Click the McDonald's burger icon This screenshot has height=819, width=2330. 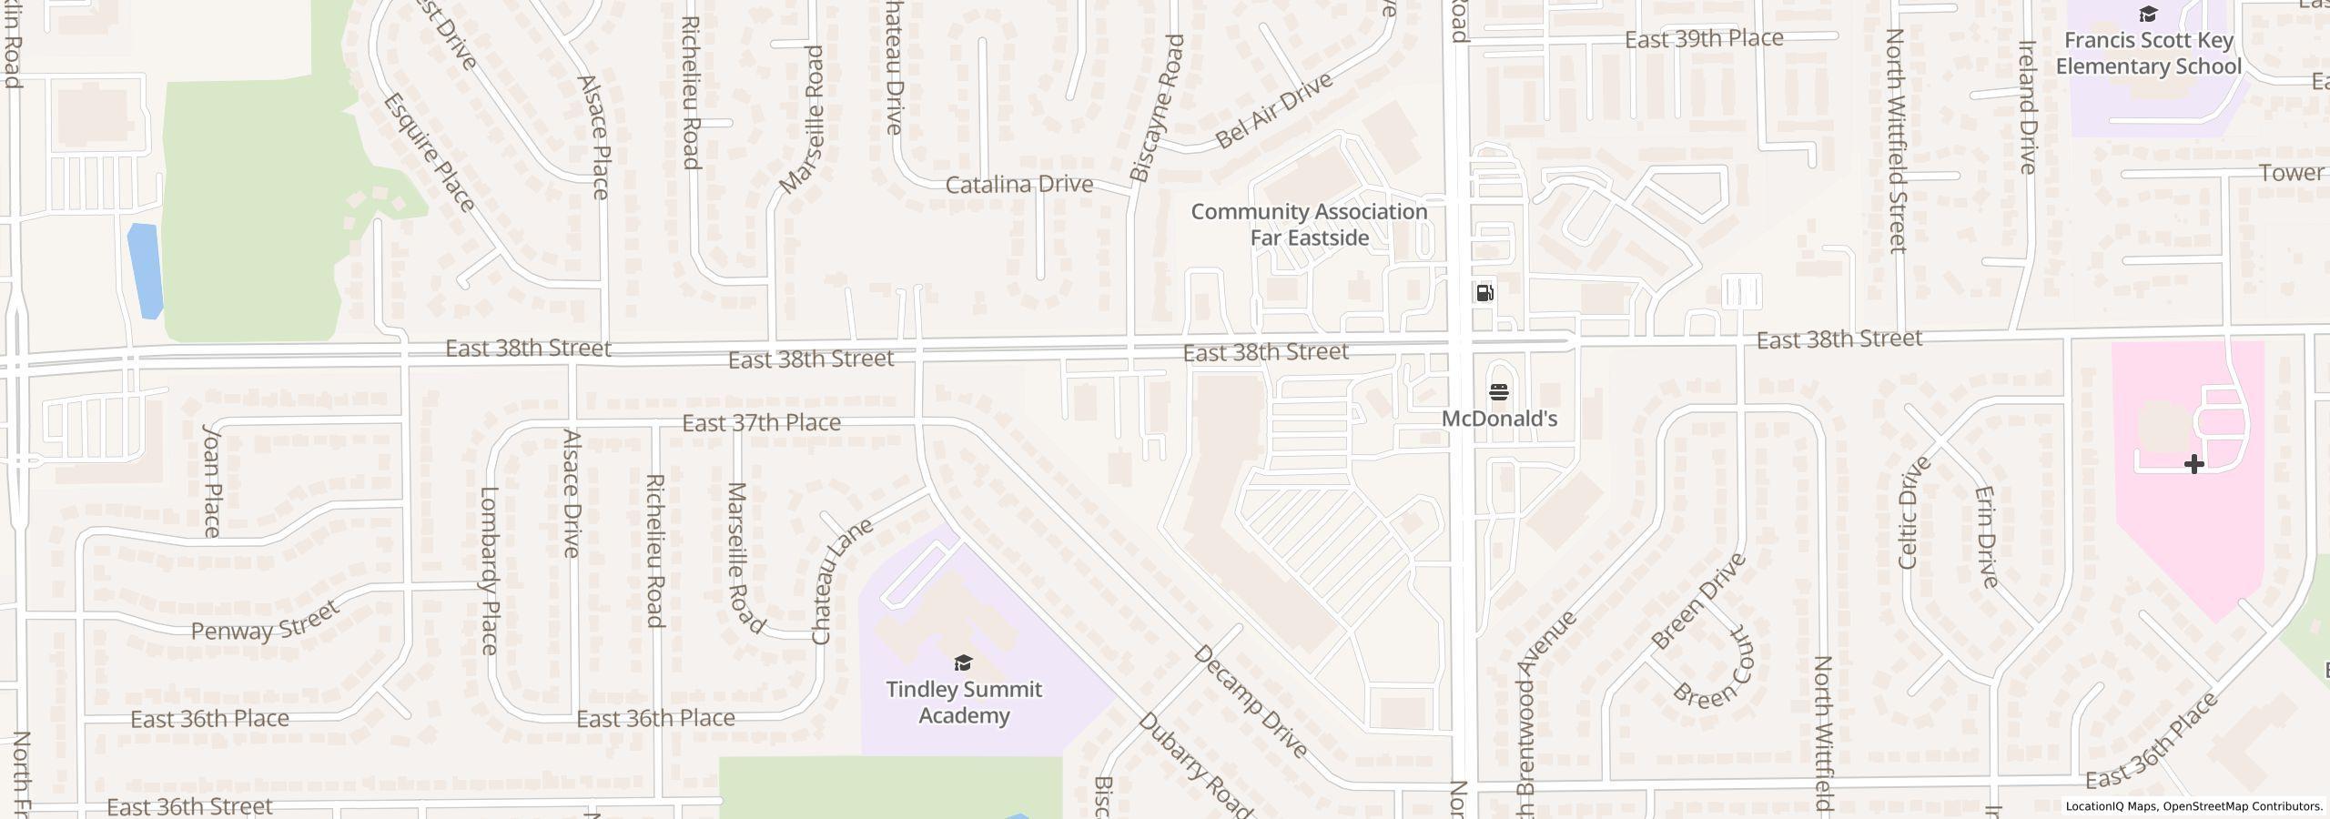(x=1499, y=392)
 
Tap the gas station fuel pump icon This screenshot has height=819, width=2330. (x=1484, y=293)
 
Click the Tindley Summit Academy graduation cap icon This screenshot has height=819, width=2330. (x=963, y=662)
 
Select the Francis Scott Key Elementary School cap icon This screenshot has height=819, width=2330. (x=2147, y=15)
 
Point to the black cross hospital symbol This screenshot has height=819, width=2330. (x=2193, y=465)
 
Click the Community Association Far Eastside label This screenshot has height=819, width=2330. (x=1309, y=225)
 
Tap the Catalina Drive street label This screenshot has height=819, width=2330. (x=1018, y=185)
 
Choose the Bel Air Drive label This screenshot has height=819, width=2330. (x=1274, y=110)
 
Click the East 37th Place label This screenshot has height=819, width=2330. (x=761, y=423)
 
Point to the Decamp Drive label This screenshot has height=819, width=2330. (x=1251, y=702)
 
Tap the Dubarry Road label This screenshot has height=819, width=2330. (x=1195, y=763)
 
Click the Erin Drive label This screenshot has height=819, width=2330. (x=1987, y=537)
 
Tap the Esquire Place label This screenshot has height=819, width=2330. (x=430, y=153)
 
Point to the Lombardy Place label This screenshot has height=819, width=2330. (x=490, y=571)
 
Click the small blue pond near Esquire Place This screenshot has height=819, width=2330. (x=146, y=270)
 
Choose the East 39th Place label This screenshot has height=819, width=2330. (x=1704, y=39)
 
